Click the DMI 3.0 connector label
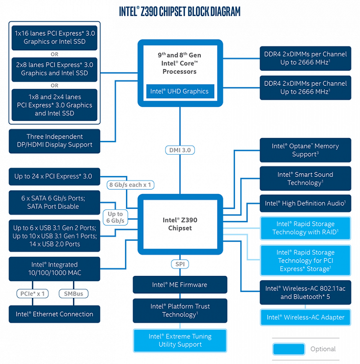click(180, 150)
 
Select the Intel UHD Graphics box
click(180, 91)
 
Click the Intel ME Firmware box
click(180, 285)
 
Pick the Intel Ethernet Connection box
click(54, 314)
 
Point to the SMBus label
click(73, 293)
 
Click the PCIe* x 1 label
click(32, 293)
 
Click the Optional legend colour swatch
click(288, 349)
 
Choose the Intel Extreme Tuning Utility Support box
click(180, 340)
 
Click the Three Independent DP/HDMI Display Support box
click(54, 141)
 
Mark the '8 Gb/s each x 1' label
click(130, 185)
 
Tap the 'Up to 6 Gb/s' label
click(115, 218)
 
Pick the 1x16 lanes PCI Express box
click(54, 37)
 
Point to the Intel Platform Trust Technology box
click(180, 310)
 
